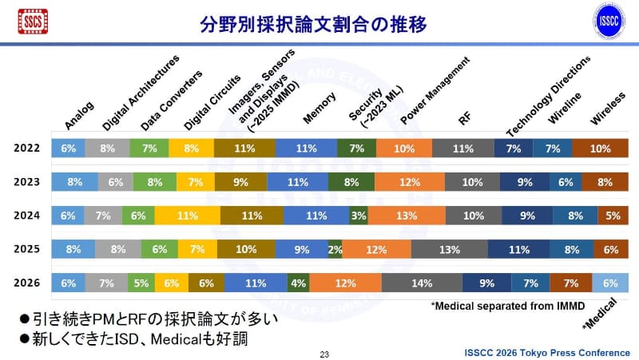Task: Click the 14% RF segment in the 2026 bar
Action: point(422,283)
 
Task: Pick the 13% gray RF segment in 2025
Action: point(449,249)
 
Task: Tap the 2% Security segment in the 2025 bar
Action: point(335,249)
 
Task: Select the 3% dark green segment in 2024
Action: point(358,216)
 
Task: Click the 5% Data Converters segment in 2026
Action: point(141,283)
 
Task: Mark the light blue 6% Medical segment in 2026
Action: point(610,283)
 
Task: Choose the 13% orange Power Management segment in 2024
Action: point(407,216)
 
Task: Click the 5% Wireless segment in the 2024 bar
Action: point(613,216)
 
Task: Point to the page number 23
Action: point(324,353)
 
